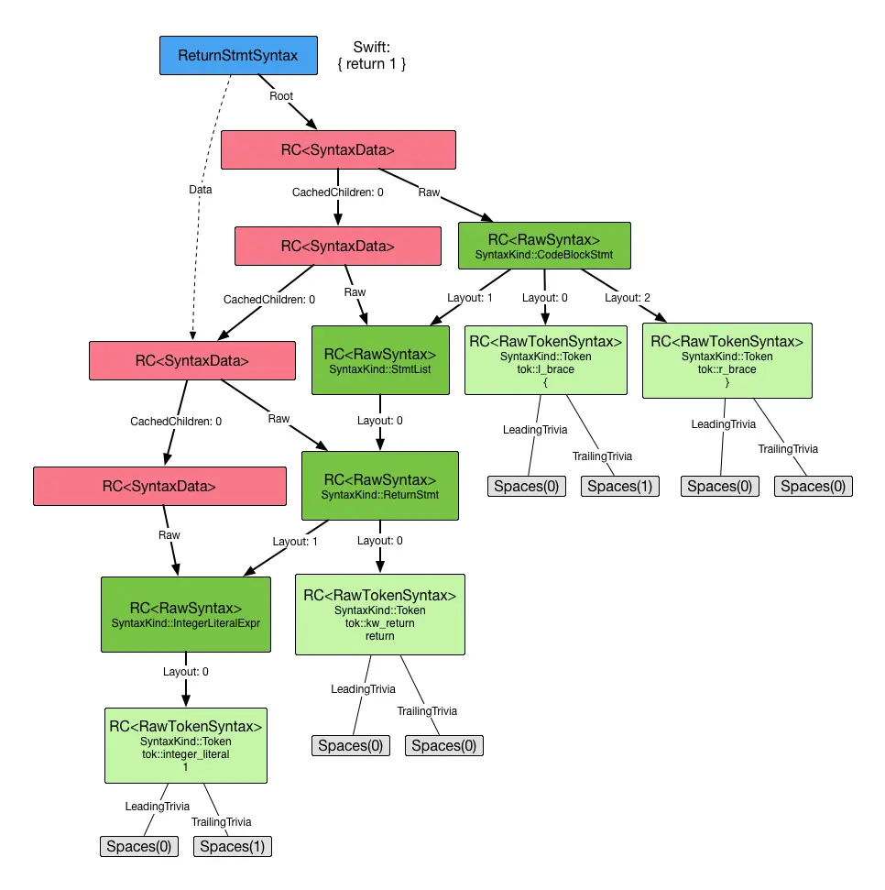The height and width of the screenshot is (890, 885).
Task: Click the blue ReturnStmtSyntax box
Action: [238, 56]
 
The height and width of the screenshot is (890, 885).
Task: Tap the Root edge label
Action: [281, 94]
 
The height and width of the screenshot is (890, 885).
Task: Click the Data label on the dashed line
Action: [200, 190]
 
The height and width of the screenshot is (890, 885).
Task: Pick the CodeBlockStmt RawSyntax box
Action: [544, 246]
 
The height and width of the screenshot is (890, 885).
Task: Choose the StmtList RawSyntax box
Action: [380, 360]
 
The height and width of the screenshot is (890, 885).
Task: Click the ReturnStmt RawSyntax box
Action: [380, 486]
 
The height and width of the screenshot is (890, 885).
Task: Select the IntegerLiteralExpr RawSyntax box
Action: [186, 614]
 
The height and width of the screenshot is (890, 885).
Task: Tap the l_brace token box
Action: [546, 359]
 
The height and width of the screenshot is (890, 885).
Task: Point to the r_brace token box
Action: [727, 360]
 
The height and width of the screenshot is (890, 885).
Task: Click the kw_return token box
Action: [379, 614]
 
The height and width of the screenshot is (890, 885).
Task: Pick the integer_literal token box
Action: [186, 745]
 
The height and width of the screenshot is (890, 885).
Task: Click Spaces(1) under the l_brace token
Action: [619, 486]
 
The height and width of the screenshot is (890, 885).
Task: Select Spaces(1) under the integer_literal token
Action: [233, 846]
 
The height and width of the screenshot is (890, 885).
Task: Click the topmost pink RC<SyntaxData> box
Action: [338, 149]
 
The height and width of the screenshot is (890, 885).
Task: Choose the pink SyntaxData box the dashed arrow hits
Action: [192, 360]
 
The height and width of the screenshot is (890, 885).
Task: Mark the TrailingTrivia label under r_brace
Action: [788, 449]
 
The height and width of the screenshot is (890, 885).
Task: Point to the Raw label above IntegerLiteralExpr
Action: [169, 534]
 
